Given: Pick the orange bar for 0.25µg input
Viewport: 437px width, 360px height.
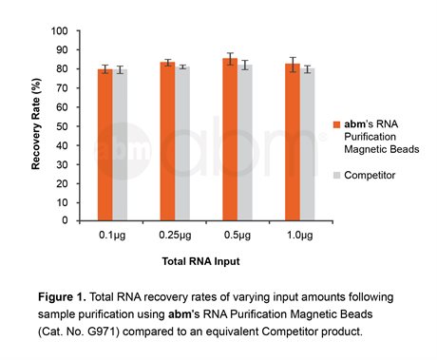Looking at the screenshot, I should (167, 142).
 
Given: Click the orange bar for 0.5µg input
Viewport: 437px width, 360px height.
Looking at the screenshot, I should (230, 140).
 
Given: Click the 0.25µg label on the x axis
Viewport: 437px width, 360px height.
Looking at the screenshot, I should (174, 233).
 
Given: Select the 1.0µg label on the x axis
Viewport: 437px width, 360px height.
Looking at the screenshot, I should (299, 233).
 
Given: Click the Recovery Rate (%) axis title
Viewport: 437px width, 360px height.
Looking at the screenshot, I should (37, 126).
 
